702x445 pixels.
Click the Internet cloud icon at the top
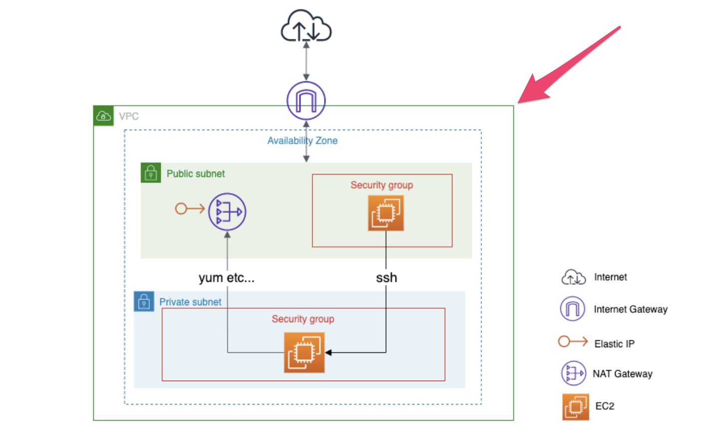pyautogui.click(x=306, y=26)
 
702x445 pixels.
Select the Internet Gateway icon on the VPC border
pyautogui.click(x=306, y=101)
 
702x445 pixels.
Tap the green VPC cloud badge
pyautogui.click(x=103, y=116)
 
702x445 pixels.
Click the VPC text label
pyautogui.click(x=129, y=117)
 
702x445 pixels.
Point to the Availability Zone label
pyautogui.click(x=302, y=141)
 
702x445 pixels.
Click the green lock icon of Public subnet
pyautogui.click(x=151, y=173)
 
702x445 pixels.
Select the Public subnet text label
pyautogui.click(x=196, y=174)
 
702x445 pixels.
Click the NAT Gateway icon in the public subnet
pyautogui.click(x=227, y=212)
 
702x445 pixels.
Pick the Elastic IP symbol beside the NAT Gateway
pyautogui.click(x=189, y=209)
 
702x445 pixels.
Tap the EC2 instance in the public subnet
pyautogui.click(x=385, y=213)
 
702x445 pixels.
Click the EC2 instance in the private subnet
pyautogui.click(x=304, y=353)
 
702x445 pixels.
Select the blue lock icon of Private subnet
pyautogui.click(x=144, y=302)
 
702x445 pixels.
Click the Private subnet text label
pyautogui.click(x=190, y=302)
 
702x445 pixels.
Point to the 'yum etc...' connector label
pyautogui.click(x=226, y=278)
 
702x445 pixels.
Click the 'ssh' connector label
pyautogui.click(x=386, y=278)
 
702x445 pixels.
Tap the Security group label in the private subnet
pyautogui.click(x=303, y=319)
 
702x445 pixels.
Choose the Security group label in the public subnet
pyautogui.click(x=382, y=185)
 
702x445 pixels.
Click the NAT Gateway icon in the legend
pyautogui.click(x=573, y=373)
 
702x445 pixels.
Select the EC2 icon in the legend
pyautogui.click(x=575, y=407)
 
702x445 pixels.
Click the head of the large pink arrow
pyautogui.click(x=529, y=92)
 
